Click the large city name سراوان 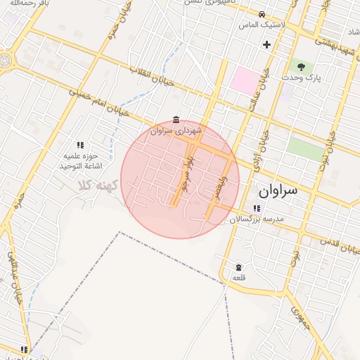coord(278,191)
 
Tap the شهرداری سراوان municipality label coord(176,131)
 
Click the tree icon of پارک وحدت coord(302,67)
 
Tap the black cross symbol coord(266,44)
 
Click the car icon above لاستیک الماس coord(262,14)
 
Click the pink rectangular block coord(245,79)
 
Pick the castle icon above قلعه coord(238,267)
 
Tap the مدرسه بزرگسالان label coord(257,220)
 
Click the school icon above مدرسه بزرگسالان coord(257,208)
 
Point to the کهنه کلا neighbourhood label coord(97,185)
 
